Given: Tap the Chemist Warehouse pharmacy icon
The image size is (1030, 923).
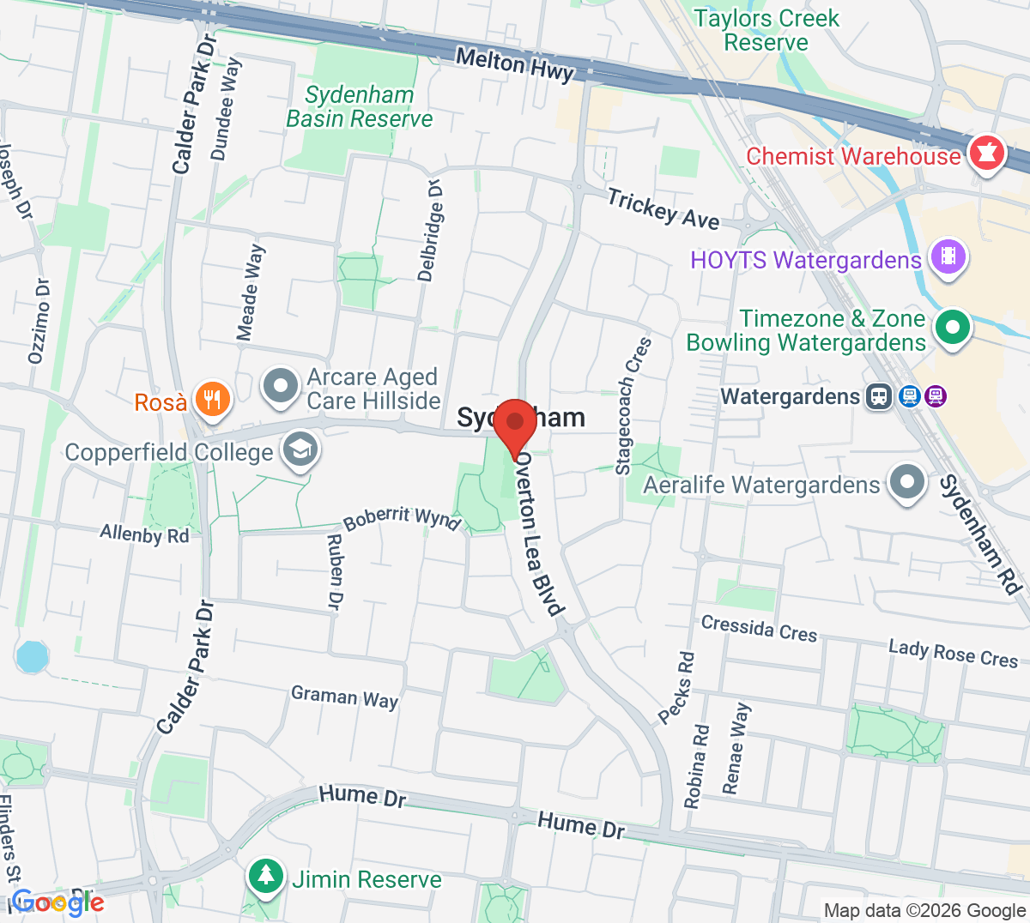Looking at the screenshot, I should click(x=986, y=154).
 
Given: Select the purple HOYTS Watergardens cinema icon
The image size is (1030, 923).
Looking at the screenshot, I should click(x=948, y=256).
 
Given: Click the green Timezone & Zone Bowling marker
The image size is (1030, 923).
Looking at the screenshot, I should click(x=951, y=327).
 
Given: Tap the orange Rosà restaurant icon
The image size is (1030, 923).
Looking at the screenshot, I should click(x=212, y=399).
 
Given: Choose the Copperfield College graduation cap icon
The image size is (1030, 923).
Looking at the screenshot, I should click(x=300, y=449).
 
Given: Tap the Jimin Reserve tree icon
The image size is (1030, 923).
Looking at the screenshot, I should click(x=266, y=876).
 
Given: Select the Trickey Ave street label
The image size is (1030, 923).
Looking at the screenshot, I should click(x=663, y=208).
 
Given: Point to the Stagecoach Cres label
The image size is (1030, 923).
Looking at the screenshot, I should click(x=634, y=405).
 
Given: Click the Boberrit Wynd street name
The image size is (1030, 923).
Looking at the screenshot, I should click(x=402, y=517).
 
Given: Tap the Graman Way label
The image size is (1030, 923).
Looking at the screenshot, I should click(x=344, y=697).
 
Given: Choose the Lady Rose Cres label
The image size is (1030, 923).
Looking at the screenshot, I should click(x=953, y=653).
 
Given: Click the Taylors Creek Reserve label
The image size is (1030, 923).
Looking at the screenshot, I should click(x=766, y=30).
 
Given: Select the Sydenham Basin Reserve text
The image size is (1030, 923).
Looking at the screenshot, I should click(x=360, y=106).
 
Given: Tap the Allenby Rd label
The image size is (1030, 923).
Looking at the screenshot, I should click(x=144, y=534).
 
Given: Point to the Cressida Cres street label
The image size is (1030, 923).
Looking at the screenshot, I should click(x=759, y=628).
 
